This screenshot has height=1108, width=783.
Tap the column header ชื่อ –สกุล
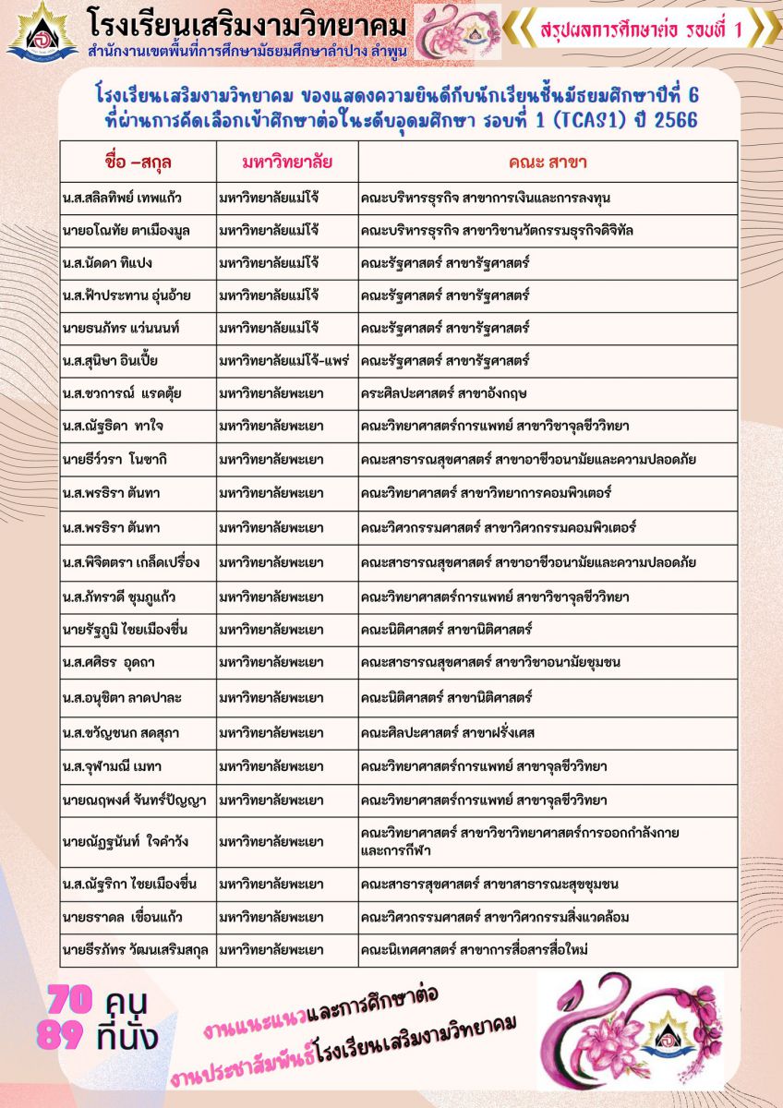tap(139, 163)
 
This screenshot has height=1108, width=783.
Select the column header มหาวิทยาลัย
tap(287, 163)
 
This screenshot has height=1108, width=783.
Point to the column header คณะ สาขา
tap(548, 163)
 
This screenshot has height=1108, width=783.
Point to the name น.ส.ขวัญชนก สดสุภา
tap(121, 733)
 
